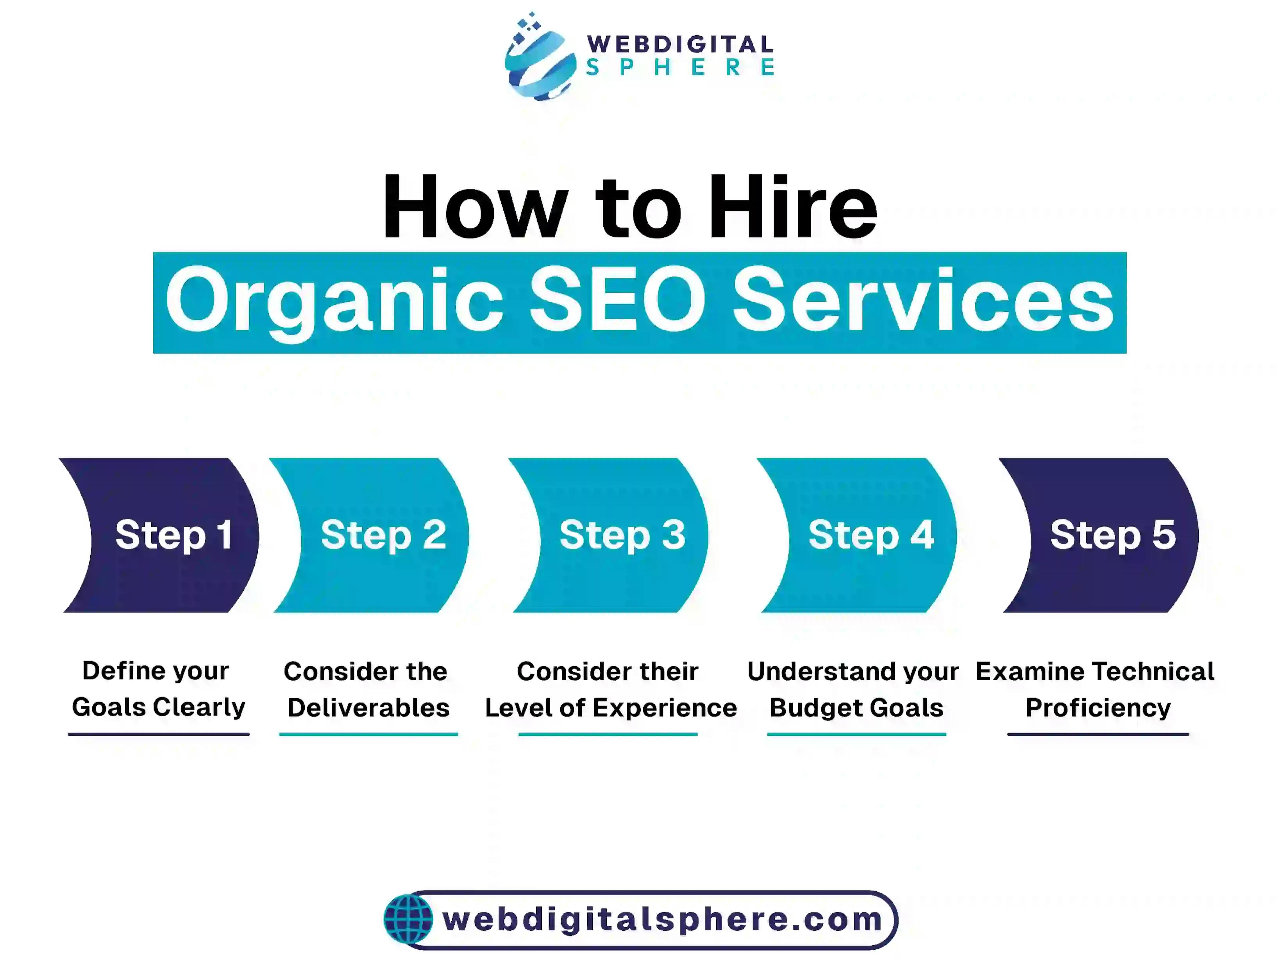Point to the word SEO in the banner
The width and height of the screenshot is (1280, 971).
(x=618, y=300)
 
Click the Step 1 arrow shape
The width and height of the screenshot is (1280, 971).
(x=159, y=535)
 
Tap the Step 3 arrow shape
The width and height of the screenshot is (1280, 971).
(x=608, y=535)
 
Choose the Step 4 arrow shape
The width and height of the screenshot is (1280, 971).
(x=857, y=535)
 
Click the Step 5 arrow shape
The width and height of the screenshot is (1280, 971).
(x=1099, y=535)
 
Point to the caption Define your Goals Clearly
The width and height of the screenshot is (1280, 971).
(x=158, y=689)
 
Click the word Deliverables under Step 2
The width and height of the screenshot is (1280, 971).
(x=369, y=708)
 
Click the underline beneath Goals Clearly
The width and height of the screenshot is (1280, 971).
(x=159, y=734)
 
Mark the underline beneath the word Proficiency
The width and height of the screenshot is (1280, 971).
(x=1098, y=734)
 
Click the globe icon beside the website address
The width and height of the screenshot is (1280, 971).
(x=408, y=919)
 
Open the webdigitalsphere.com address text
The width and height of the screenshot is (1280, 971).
(x=663, y=919)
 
